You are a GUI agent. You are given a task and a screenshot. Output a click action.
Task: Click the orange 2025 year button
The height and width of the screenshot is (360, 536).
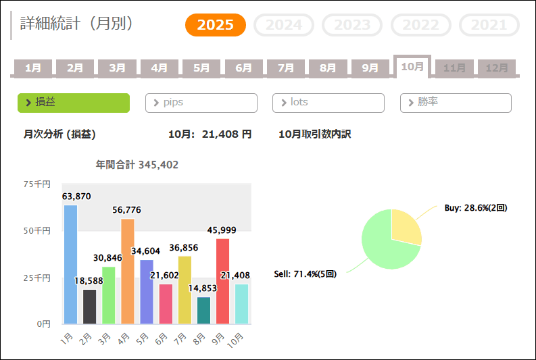(216, 26)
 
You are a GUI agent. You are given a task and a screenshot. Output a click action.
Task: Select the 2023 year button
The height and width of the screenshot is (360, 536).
(352, 26)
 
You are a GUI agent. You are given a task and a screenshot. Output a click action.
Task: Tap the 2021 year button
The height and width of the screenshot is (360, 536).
(489, 26)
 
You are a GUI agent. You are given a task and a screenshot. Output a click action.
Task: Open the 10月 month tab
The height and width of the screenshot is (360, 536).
(412, 67)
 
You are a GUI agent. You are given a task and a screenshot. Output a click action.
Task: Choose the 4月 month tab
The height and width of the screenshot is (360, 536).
(160, 68)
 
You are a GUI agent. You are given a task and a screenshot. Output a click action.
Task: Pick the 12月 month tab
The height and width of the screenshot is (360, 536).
(497, 68)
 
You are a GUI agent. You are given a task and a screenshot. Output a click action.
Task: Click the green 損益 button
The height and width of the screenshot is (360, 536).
(73, 103)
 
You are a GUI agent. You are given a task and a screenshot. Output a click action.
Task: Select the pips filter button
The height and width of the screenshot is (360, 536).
(201, 103)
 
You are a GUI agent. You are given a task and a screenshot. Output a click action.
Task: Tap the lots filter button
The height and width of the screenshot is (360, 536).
(328, 103)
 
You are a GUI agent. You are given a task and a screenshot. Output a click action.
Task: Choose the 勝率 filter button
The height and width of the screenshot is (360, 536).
(456, 103)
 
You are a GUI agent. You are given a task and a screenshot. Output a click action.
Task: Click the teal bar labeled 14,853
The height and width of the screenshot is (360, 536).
(203, 310)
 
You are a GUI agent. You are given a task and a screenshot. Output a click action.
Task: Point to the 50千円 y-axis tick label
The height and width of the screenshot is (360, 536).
(37, 231)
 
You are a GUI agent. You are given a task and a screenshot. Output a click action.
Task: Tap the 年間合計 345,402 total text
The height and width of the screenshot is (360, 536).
(137, 164)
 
